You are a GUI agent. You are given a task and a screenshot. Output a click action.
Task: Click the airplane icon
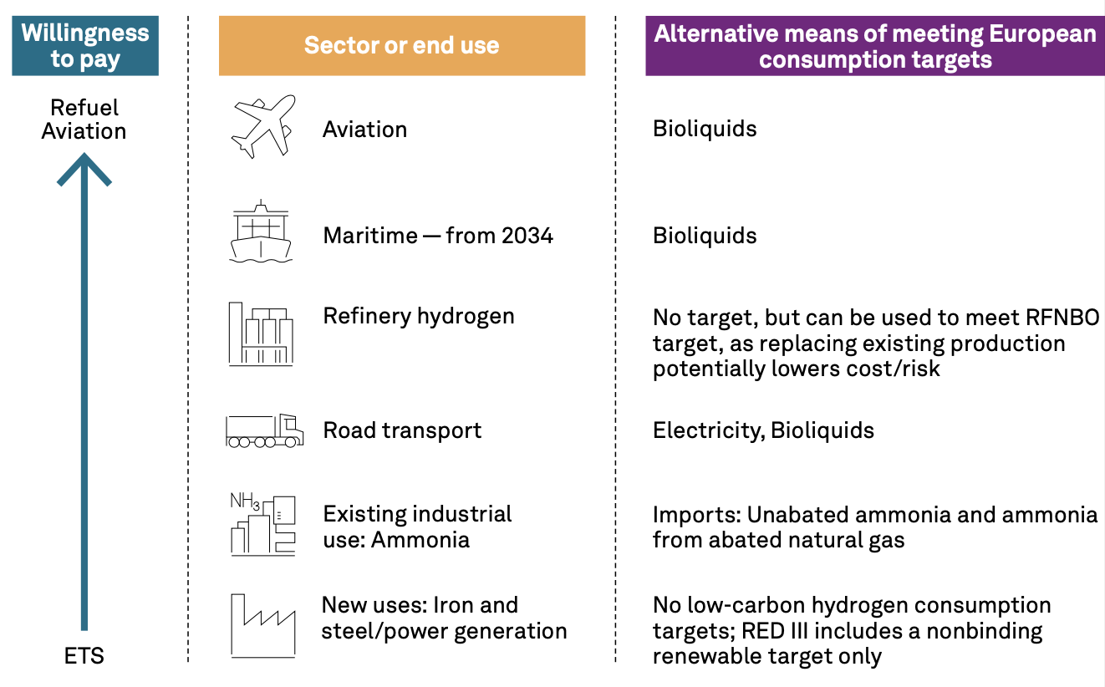263,127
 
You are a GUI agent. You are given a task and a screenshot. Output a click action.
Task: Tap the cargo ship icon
261,232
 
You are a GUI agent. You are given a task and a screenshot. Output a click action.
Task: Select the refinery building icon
261,333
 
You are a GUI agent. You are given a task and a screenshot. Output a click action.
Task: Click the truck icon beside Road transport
264,430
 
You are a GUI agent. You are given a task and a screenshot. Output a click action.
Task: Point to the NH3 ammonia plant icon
263,524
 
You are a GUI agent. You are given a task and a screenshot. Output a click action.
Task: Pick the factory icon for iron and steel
263,626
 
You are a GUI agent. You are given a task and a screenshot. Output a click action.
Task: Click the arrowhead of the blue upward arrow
84,169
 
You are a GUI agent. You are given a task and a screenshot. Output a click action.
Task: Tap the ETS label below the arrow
84,656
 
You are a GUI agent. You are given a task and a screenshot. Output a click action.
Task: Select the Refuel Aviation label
84,120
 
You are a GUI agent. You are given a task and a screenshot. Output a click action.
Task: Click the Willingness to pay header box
85,46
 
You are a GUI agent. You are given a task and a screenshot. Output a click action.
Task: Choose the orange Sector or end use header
402,46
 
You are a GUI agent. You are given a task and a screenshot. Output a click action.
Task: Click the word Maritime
370,236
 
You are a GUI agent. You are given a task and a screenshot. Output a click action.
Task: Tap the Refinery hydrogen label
419,317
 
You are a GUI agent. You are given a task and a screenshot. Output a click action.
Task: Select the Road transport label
402,430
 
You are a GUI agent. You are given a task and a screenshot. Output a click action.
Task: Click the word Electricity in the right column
709,430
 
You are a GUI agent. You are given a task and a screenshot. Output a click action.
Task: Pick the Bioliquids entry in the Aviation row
705,130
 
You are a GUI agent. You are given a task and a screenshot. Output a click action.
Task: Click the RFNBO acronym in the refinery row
1062,318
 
